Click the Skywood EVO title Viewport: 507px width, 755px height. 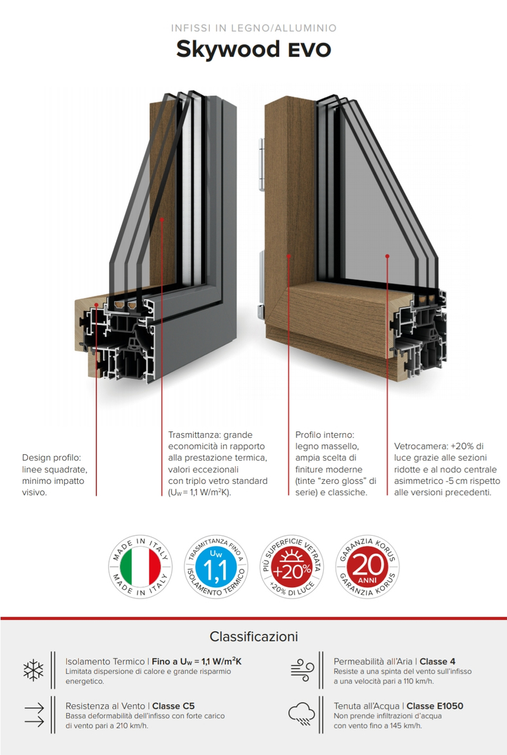tap(253, 49)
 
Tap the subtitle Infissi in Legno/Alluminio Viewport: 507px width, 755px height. tap(253, 28)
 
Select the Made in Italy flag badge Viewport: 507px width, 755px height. tap(140, 567)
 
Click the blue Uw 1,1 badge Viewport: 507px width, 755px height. tap(216, 567)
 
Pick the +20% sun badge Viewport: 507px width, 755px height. tap(292, 567)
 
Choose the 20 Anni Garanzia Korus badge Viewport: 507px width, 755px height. tap(367, 567)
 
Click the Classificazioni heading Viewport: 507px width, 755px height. tap(253, 637)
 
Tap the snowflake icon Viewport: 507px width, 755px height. tap(33, 670)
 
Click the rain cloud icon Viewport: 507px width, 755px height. tap(302, 714)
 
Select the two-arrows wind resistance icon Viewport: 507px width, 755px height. tap(34, 714)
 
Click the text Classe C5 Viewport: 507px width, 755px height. tap(174, 706)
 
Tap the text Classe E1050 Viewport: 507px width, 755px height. tap(435, 706)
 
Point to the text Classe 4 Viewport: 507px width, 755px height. tap(437, 662)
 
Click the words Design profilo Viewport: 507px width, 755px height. tap(51, 458)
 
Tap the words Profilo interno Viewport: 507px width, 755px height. tap(325, 435)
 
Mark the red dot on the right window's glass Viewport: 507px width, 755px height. tap(387, 256)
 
